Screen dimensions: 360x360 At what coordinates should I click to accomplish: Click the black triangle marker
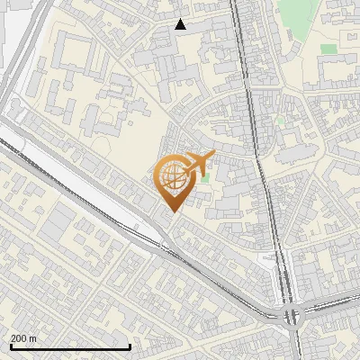(181, 24)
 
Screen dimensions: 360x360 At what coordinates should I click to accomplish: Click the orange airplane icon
(195, 165)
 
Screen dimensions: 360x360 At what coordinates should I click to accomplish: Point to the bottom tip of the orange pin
(171, 212)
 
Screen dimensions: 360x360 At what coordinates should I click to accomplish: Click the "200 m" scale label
(23, 338)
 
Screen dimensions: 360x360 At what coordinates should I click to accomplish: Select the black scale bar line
(70, 346)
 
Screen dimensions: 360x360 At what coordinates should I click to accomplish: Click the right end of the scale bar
(130, 346)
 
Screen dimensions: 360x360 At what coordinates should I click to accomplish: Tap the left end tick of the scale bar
(10, 346)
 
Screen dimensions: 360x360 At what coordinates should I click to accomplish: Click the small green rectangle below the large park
(328, 49)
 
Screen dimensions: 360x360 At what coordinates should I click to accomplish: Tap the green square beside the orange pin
(205, 177)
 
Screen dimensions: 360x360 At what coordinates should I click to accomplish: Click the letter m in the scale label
(32, 338)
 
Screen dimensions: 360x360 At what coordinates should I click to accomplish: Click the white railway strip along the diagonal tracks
(54, 171)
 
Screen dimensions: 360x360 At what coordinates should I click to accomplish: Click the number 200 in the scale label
(19, 338)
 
